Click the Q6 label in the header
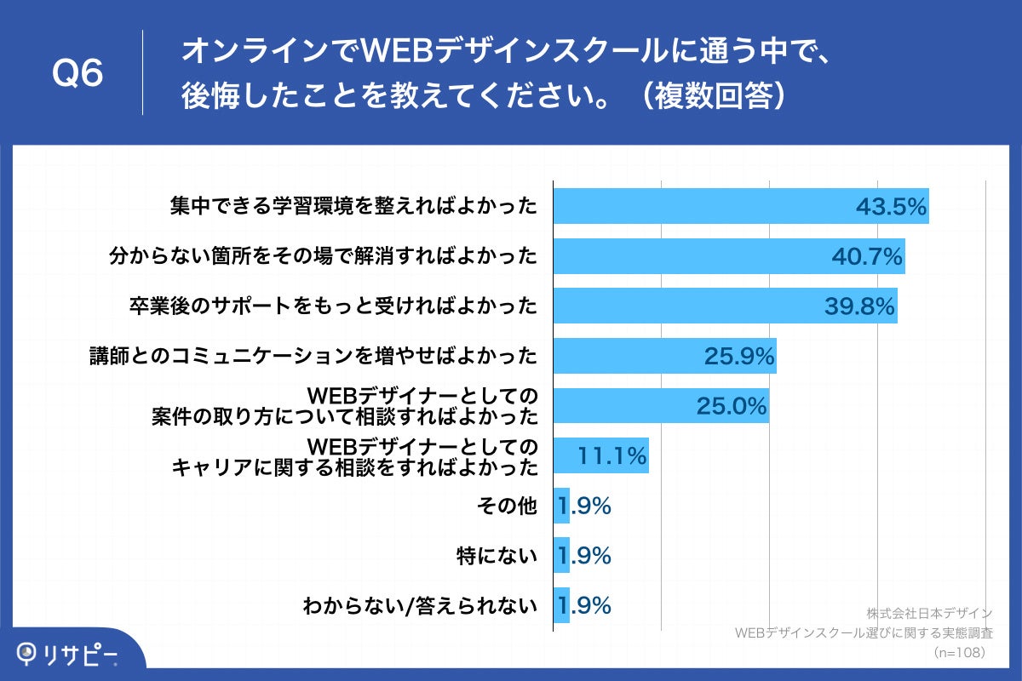[78, 73]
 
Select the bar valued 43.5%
[740, 207]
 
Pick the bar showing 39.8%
[725, 306]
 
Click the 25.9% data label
[739, 356]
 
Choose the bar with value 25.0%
[661, 406]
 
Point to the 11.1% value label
[612, 456]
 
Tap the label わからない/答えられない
[420, 607]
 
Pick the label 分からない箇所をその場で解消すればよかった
[324, 256]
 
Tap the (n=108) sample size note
[959, 652]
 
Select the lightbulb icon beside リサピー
[29, 653]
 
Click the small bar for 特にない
[561, 557]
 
